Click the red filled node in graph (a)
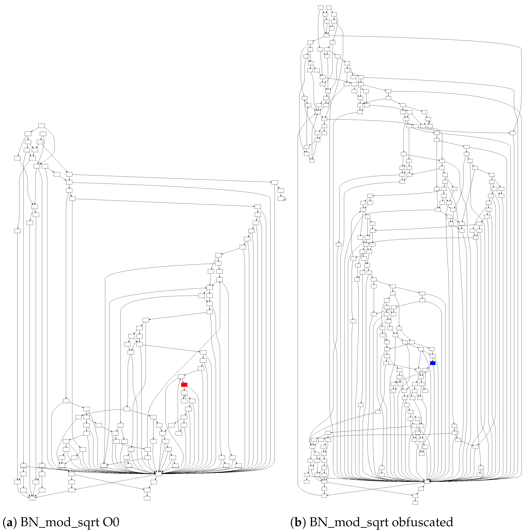point(184,385)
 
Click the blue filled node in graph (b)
point(432,363)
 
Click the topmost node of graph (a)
point(41,126)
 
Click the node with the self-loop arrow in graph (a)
point(281,198)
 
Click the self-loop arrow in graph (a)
point(285,198)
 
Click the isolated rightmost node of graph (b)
point(512,133)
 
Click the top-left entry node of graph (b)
point(321,7)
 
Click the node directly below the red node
point(184,393)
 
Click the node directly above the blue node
point(432,356)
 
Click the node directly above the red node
point(181,376)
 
